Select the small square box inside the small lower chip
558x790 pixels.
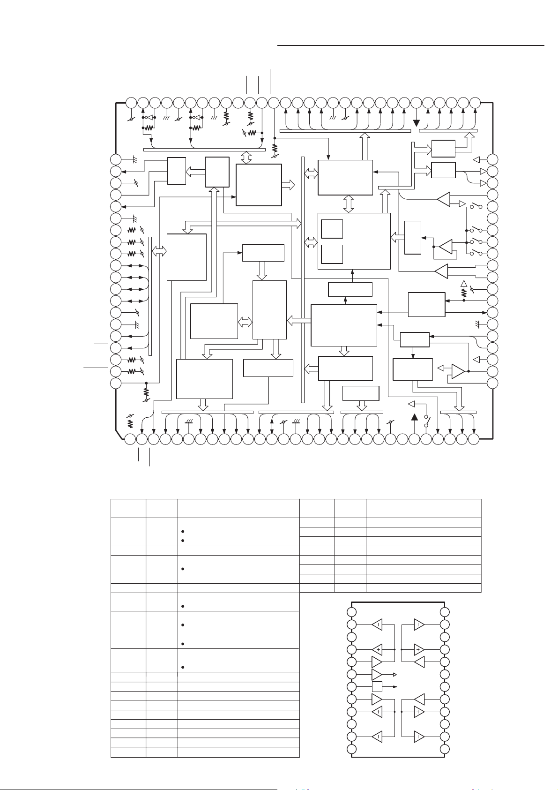(377, 687)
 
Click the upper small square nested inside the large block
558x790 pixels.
(332, 229)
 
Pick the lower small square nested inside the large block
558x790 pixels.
(332, 254)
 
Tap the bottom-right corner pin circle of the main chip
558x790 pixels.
(474, 439)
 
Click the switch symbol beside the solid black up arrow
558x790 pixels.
(426, 421)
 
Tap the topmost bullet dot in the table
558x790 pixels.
(181, 532)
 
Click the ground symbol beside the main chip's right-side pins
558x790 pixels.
(476, 324)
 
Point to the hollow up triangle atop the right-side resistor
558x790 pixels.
(464, 283)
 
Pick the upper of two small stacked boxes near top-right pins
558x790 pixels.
(443, 148)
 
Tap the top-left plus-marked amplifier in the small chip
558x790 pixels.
(377, 649)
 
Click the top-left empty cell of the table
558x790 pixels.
(128, 508)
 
